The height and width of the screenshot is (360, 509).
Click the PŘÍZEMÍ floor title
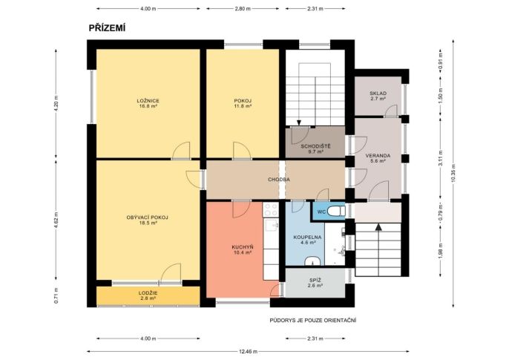[107, 28]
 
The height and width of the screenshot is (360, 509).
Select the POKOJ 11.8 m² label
[243, 103]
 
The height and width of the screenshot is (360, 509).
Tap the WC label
[321, 212]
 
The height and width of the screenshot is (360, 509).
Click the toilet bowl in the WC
[335, 212]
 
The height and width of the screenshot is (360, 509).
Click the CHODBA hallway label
[279, 180]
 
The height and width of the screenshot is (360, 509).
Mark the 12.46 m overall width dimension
[248, 351]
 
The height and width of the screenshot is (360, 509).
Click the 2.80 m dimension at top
[243, 9]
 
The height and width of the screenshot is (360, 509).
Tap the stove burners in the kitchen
[271, 209]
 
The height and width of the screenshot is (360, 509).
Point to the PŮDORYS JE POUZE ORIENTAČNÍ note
[313, 321]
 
